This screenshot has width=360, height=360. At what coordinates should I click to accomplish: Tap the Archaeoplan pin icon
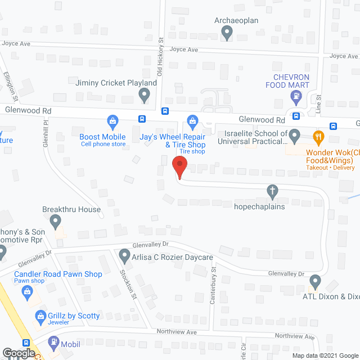click(227, 33)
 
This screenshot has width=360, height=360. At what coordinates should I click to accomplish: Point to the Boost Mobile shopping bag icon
click(113, 120)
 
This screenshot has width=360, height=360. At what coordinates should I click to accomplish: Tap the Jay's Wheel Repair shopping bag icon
click(192, 120)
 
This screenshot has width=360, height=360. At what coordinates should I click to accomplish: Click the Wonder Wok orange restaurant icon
click(318, 136)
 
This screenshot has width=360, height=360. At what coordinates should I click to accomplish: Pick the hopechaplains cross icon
click(273, 192)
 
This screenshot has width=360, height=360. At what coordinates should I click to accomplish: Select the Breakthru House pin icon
click(56, 223)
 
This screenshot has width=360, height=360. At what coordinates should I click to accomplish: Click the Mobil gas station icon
click(53, 341)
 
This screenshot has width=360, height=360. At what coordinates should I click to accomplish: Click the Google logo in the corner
click(18, 353)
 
